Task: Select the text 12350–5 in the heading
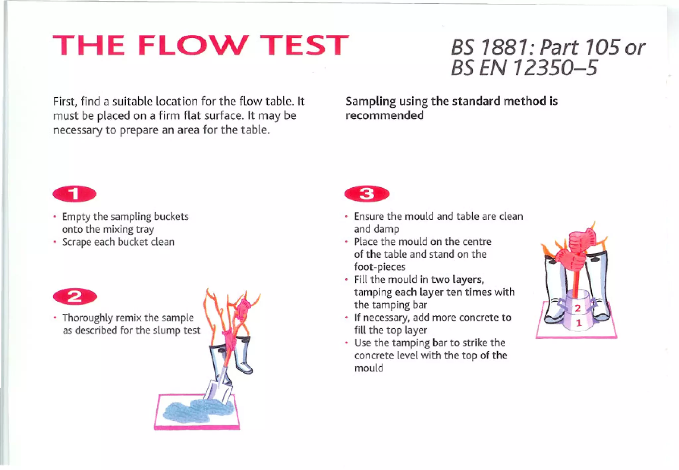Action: coord(555,68)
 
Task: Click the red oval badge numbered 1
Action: coord(75,194)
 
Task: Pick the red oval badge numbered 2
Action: coord(75,296)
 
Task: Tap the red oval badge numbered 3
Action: coord(367,194)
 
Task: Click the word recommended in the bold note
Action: coord(385,116)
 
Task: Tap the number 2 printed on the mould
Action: coord(578,308)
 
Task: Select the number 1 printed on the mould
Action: coord(579,323)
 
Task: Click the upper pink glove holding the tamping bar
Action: coord(583,239)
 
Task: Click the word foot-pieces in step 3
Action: coord(380,267)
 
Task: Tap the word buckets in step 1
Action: coord(171,217)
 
